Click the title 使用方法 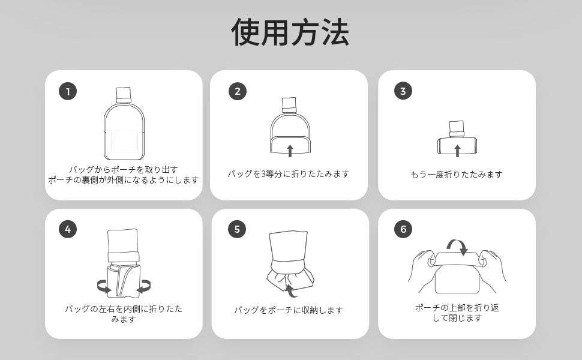pyautogui.click(x=290, y=32)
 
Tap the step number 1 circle pyautogui.click(x=68, y=91)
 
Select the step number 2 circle pyautogui.click(x=238, y=91)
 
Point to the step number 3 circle pyautogui.click(x=403, y=91)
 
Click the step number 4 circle pyautogui.click(x=68, y=229)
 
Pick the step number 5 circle pyautogui.click(x=237, y=229)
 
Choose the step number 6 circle pyautogui.click(x=403, y=229)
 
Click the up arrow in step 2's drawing pyautogui.click(x=290, y=151)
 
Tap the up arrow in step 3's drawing pyautogui.click(x=457, y=151)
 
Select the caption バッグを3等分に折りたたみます pyautogui.click(x=289, y=173)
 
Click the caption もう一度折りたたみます pyautogui.click(x=457, y=175)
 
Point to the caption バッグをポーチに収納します pyautogui.click(x=289, y=310)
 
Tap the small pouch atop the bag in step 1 pyautogui.click(x=124, y=95)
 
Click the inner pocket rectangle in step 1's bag pyautogui.click(x=124, y=142)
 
